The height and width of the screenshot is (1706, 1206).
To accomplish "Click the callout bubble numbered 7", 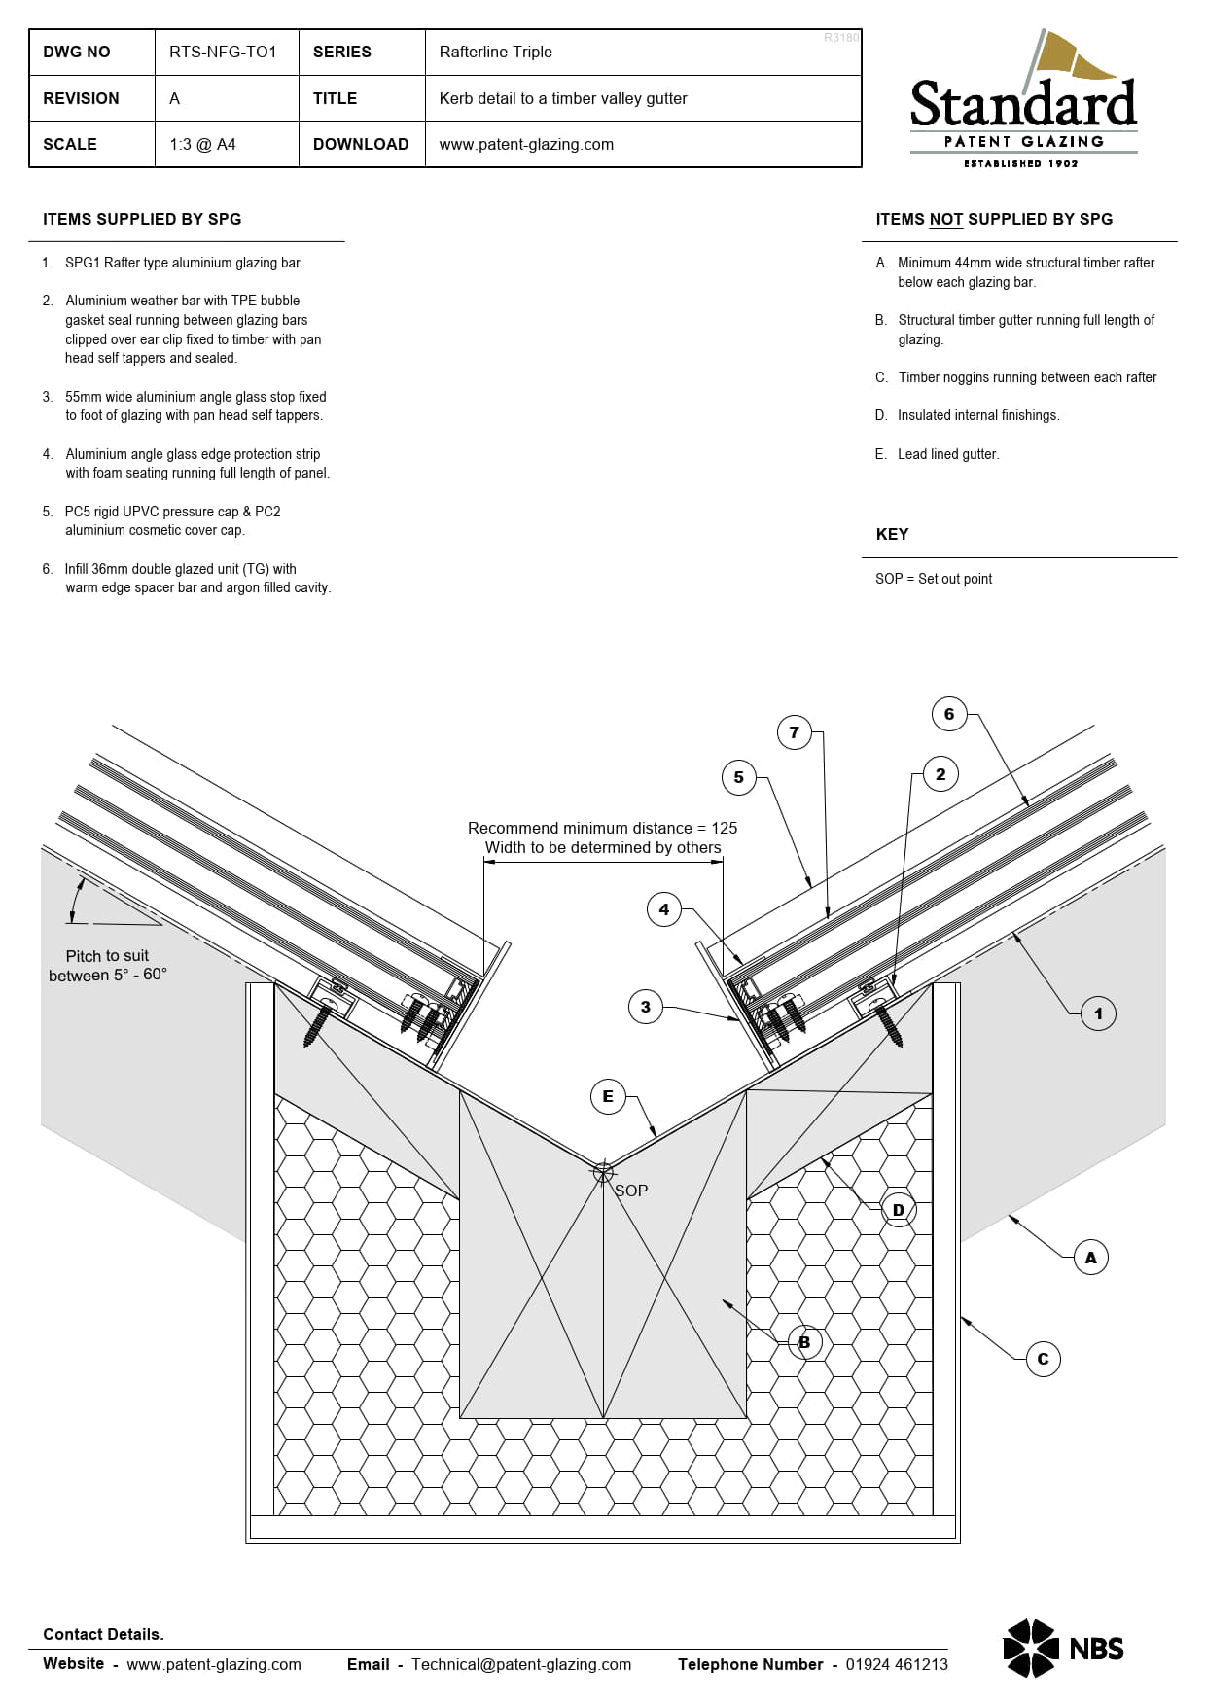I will coord(795,732).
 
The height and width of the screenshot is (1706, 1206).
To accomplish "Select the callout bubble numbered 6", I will coord(949,714).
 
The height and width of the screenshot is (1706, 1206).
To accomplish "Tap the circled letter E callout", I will coord(608,1096).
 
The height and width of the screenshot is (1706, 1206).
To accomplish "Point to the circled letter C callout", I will coord(1043,1359).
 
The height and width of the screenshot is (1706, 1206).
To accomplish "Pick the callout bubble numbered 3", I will coord(646,1007).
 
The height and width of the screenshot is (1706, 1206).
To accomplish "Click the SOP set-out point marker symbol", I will coord(603,1172).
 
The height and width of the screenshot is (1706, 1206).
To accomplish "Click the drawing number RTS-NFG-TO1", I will coord(223,52).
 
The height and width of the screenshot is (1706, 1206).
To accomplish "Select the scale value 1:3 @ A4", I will coord(202,144).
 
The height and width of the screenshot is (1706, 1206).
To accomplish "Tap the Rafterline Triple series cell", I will coord(495,52).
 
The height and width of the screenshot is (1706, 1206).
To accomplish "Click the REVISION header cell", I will coord(81,98).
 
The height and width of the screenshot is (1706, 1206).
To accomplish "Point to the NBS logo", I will coord(1063,1648).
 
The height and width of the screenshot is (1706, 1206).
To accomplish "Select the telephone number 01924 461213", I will coord(896,1664).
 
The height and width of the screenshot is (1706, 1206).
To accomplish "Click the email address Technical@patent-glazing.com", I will coord(520,1664).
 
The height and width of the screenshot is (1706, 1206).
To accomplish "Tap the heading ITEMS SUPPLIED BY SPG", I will coord(142,219).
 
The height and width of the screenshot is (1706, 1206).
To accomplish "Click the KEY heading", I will coord(892,534).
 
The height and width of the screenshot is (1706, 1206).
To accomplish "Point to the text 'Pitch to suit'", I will coord(107,956).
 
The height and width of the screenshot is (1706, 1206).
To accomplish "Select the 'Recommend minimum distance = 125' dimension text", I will coord(602,828).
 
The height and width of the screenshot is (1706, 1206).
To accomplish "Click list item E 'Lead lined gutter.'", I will coord(947,454).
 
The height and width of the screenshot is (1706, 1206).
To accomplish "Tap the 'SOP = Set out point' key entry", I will coord(934,579).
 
